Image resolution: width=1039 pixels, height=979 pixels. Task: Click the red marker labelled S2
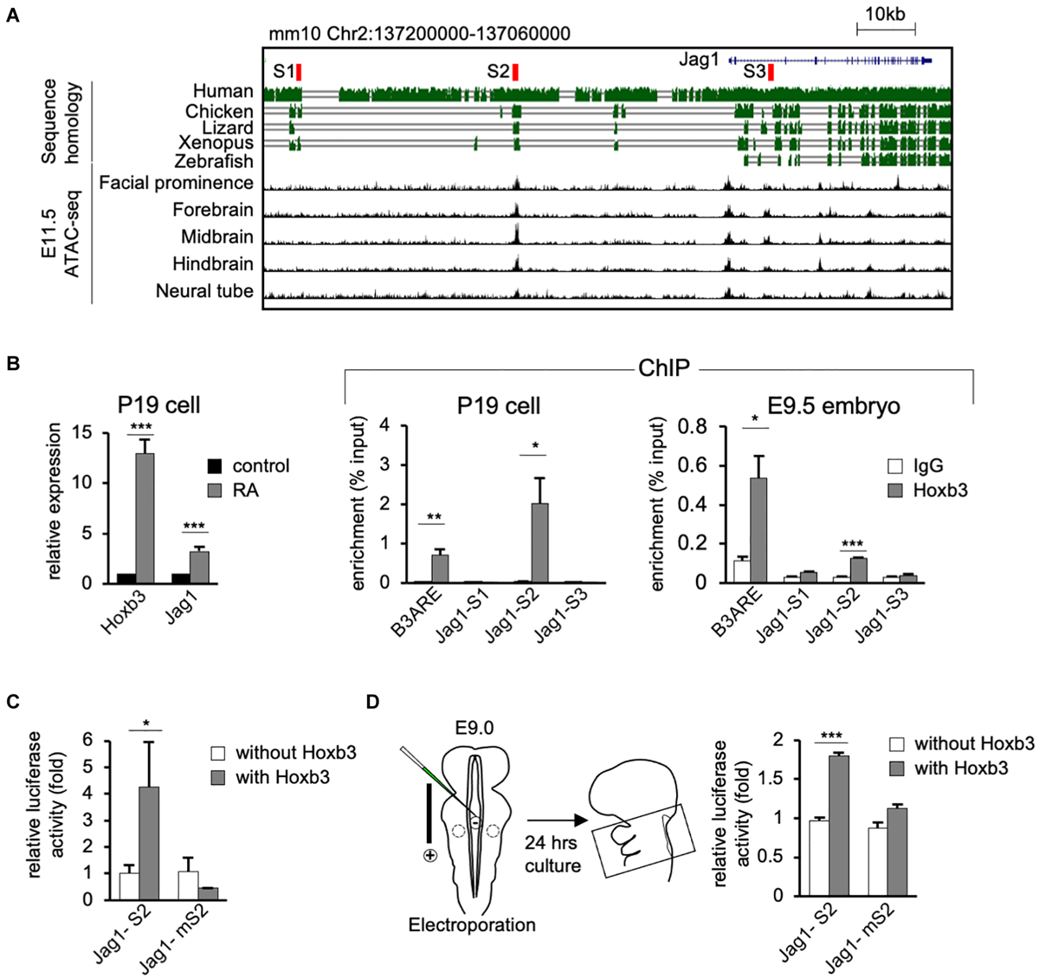pyautogui.click(x=515, y=73)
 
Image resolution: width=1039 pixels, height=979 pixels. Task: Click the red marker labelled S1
pyautogui.click(x=299, y=72)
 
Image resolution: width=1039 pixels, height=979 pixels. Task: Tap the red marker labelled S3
pyautogui.click(x=771, y=73)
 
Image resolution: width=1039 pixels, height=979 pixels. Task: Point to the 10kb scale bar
pyautogui.click(x=885, y=30)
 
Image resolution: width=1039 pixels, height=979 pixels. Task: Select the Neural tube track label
pyautogui.click(x=204, y=291)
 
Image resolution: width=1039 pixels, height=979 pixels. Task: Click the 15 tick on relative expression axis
pyautogui.click(x=83, y=431)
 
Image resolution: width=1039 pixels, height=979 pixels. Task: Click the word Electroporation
pyautogui.click(x=472, y=924)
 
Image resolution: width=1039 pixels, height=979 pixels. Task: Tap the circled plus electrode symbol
pyautogui.click(x=429, y=855)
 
